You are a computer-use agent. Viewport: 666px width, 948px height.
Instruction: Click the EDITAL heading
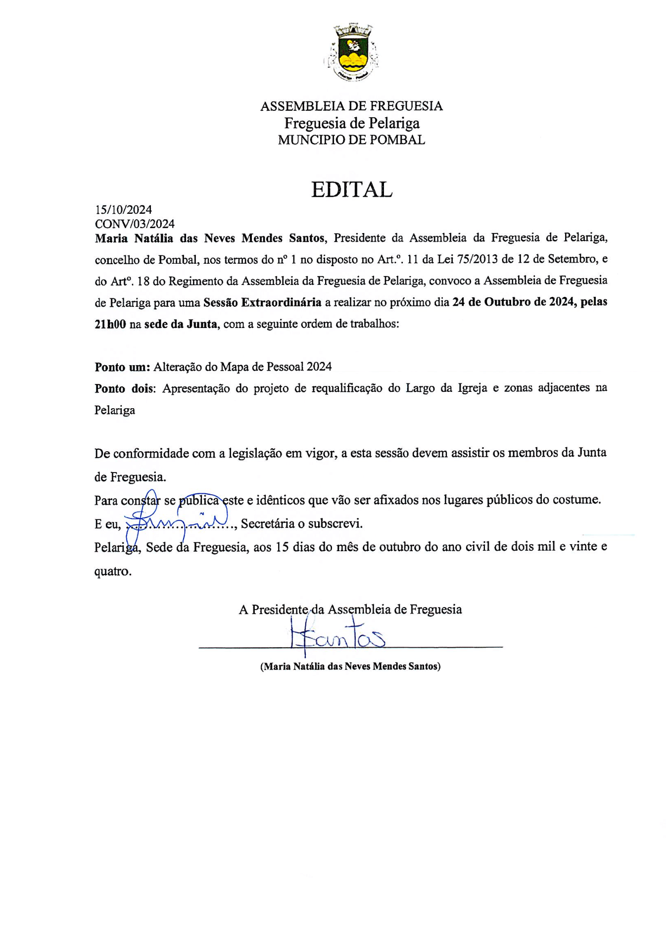tap(351, 190)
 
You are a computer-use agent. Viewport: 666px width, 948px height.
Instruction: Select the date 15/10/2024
tap(123, 210)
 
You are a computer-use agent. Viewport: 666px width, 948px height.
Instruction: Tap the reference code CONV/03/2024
tap(135, 224)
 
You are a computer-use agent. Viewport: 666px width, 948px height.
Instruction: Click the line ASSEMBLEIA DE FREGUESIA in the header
tap(351, 106)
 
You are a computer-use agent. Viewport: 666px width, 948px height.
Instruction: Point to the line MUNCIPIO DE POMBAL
tap(351, 140)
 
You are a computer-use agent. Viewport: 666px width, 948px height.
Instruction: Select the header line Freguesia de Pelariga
tap(351, 123)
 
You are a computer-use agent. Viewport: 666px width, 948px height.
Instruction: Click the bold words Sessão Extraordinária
tap(262, 302)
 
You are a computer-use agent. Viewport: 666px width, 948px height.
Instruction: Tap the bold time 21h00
tap(110, 325)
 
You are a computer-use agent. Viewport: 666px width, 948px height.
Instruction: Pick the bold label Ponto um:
tap(122, 367)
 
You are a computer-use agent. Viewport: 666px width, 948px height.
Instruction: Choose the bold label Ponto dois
tap(124, 389)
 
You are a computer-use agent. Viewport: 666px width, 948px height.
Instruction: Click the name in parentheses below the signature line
tap(350, 666)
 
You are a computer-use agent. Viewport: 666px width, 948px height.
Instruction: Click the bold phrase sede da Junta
tap(181, 325)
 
